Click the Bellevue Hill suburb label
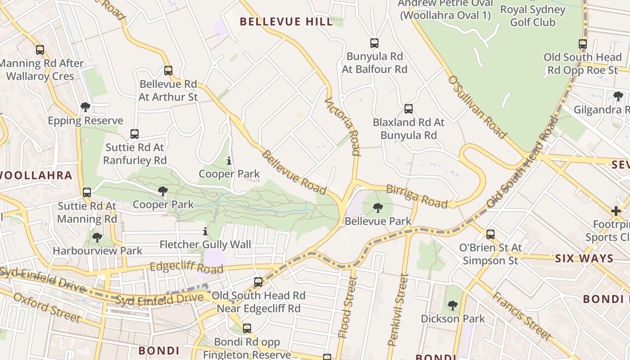(x=286, y=22)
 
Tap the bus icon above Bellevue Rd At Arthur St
(x=168, y=71)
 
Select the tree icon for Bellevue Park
(x=378, y=207)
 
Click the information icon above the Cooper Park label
(x=229, y=161)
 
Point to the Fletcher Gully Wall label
(x=205, y=245)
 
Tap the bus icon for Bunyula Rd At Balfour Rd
(x=374, y=43)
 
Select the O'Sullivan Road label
(x=477, y=107)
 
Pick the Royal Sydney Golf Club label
(x=532, y=16)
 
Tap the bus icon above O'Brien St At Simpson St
(x=490, y=234)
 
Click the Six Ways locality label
(x=584, y=258)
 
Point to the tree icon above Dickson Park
(x=453, y=306)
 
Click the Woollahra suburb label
(x=36, y=175)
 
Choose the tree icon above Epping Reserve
(x=85, y=107)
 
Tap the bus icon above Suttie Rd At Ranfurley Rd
(x=135, y=134)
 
